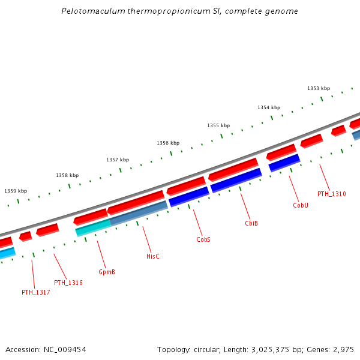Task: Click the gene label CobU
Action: [301, 205]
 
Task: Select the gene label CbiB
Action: [251, 223]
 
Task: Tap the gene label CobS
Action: [203, 239]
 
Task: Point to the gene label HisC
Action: [153, 256]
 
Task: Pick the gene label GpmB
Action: [106, 272]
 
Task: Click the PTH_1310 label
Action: [331, 194]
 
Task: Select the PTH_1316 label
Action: [68, 283]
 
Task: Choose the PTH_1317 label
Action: [36, 292]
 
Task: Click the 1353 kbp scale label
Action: [319, 88]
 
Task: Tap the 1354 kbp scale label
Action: [269, 107]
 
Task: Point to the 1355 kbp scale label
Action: [218, 125]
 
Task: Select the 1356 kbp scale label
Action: [168, 143]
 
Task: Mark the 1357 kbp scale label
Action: [118, 160]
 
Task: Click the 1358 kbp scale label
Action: [67, 175]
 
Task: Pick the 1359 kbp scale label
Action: [16, 191]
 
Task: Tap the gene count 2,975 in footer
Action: [344, 349]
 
